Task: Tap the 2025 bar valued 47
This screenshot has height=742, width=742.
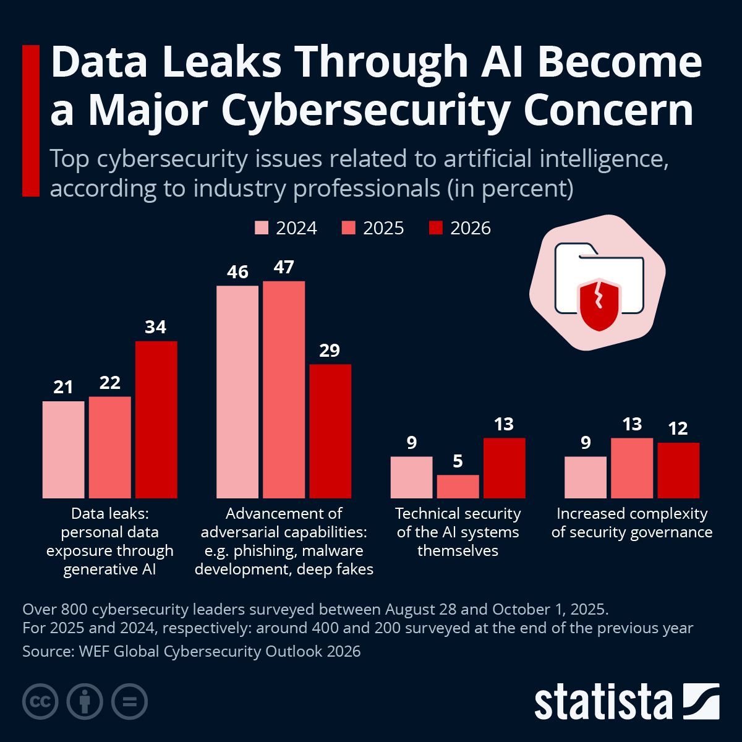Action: [284, 390]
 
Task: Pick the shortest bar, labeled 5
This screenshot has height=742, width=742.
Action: [458, 486]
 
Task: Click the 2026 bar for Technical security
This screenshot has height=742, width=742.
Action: [504, 468]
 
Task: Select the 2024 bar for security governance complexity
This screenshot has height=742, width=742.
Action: [586, 477]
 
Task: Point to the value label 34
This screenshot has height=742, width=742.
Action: [156, 327]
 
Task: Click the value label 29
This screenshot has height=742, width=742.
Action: [330, 351]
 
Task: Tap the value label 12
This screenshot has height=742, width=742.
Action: [678, 429]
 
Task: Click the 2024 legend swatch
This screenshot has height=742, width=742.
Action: [262, 228]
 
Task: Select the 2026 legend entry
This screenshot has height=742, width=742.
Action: [460, 228]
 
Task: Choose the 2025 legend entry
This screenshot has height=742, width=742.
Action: [373, 228]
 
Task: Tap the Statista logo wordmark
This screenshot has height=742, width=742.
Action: [603, 702]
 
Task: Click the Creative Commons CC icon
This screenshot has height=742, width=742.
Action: [40, 702]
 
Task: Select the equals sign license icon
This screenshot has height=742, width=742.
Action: [129, 702]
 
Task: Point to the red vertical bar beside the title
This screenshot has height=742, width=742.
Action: [30, 121]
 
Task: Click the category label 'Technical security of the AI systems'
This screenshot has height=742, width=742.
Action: [458, 532]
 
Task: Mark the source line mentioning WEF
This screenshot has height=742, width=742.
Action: [191, 651]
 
